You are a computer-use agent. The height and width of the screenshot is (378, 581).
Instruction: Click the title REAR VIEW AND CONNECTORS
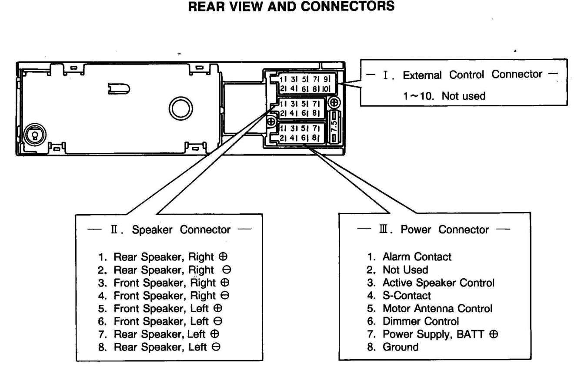coord(290,7)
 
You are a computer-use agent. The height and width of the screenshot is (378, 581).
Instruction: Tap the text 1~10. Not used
coord(444,95)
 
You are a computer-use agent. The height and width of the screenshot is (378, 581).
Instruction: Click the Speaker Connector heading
coord(169,229)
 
